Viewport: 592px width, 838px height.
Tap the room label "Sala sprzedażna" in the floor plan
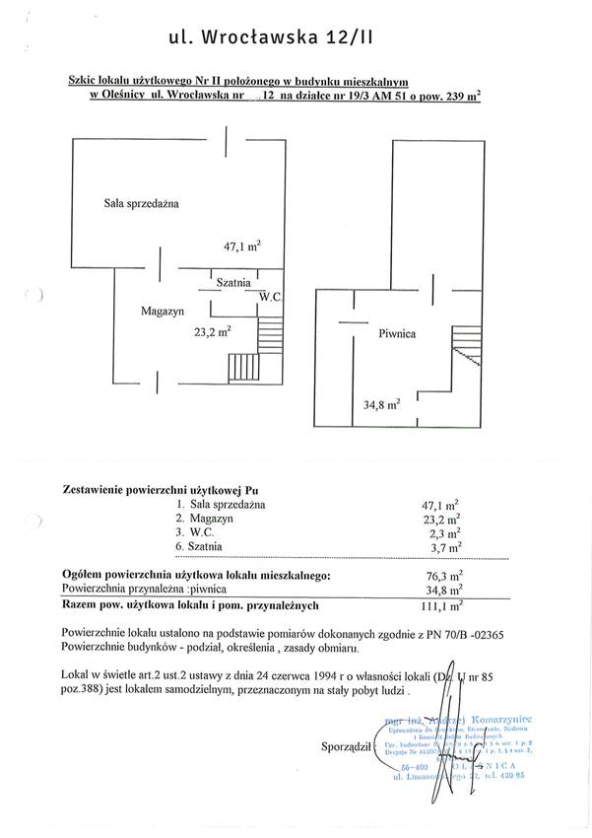coord(147,203)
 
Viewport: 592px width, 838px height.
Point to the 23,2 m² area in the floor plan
coord(212,332)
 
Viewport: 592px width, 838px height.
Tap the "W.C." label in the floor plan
coord(271,296)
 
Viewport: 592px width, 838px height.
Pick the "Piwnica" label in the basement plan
coord(397,333)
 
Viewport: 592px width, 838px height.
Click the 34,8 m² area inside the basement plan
coord(380,403)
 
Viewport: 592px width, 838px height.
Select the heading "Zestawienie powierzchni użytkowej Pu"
coord(162,488)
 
